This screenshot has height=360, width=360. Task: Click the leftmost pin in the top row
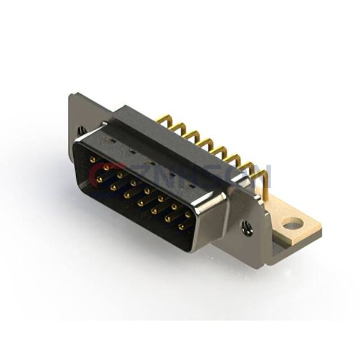tap(92, 160)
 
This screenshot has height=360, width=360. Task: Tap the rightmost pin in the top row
tap(188, 214)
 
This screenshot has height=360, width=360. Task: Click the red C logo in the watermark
tap(97, 176)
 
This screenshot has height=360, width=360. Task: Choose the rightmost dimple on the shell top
tap(191, 185)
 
